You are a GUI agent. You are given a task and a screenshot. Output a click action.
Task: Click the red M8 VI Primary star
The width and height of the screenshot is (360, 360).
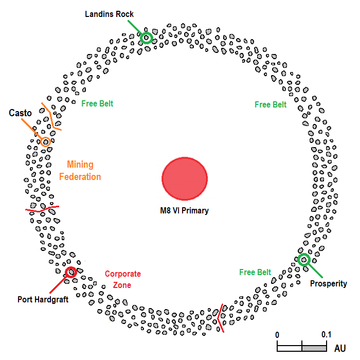point(185,178)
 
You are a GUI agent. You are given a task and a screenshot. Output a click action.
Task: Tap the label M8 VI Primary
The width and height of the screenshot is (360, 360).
point(184,210)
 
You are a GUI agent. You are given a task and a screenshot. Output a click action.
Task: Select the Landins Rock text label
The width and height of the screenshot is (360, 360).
point(110,14)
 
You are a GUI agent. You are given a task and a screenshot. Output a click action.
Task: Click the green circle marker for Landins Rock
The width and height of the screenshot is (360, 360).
point(147,37)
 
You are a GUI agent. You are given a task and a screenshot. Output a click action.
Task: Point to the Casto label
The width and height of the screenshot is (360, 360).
point(21,113)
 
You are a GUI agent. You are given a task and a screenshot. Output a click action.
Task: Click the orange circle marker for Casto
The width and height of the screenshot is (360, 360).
point(45,141)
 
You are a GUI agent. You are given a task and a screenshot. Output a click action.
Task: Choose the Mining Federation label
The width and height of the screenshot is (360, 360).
point(80,171)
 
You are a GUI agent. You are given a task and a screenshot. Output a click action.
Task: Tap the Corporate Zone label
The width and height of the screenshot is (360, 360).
point(122,279)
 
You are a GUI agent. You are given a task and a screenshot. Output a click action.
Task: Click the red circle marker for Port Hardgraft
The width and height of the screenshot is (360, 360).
point(71,272)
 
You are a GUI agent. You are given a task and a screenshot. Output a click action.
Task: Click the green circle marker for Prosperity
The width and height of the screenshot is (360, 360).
point(304,259)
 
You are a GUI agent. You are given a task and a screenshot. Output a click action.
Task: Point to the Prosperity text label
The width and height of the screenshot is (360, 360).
point(329,284)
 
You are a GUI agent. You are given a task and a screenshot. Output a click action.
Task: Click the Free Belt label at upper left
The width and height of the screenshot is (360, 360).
point(97,103)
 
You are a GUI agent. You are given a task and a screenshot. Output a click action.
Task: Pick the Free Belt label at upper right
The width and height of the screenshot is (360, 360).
point(271,105)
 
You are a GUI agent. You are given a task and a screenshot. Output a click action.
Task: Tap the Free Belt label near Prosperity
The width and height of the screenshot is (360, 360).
point(255,272)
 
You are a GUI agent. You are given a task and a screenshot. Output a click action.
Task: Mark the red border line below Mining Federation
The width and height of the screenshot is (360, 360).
point(42,209)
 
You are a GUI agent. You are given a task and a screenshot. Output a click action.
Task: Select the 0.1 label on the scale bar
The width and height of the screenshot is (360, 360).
point(326,335)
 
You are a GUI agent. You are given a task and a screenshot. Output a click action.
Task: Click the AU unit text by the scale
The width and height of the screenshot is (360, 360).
point(340,348)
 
